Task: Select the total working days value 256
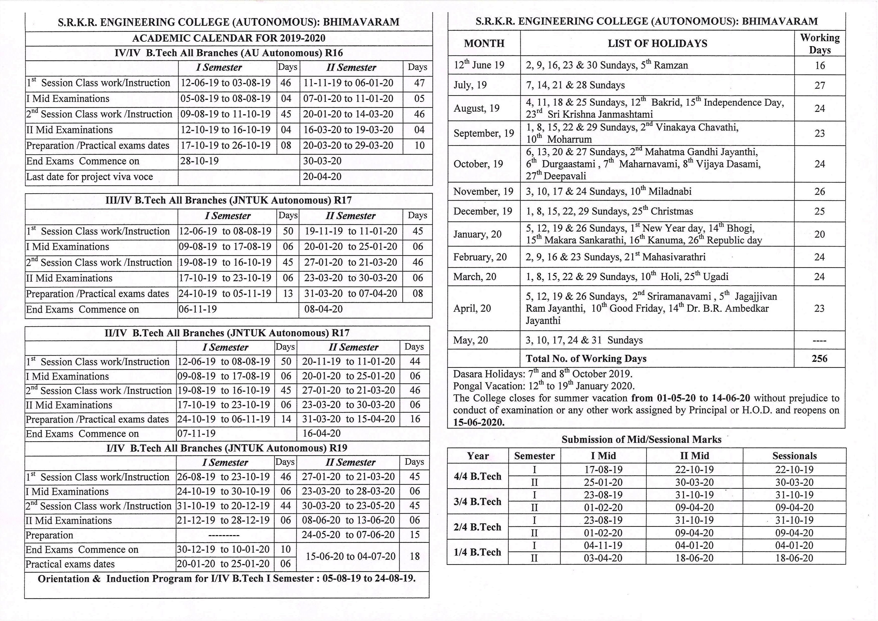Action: coord(819,359)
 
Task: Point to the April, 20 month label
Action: coord(472,308)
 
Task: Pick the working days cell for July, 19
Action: coord(819,85)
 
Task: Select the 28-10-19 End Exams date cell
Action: coord(200,161)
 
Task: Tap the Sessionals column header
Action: coord(794,456)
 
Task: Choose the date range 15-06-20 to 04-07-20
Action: coord(350,556)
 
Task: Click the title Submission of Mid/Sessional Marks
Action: coord(641,440)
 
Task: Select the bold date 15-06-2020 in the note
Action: coord(478,422)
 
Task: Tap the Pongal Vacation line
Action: coord(543,386)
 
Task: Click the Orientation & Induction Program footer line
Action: coord(226,578)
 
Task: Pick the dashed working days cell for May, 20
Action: coord(819,340)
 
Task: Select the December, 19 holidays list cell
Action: coord(609,211)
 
